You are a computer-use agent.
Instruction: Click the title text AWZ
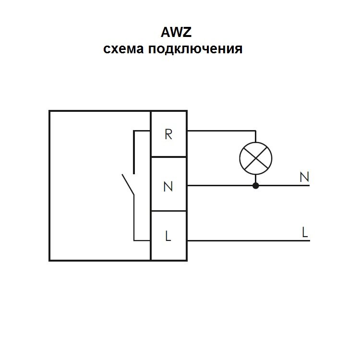176,32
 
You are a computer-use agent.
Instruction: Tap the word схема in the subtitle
123,48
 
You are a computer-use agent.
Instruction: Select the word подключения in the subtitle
195,49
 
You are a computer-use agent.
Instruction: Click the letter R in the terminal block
168,134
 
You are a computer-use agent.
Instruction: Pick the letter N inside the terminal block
168,186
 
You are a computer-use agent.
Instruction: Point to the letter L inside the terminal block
168,236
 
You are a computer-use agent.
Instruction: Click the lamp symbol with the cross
256,158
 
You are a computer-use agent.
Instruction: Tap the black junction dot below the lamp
256,185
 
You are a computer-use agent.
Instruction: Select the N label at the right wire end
304,177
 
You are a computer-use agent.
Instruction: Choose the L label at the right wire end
305,232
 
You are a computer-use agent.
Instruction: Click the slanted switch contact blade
128,185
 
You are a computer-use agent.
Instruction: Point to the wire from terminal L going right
249,240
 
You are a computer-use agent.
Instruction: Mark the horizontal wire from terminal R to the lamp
222,131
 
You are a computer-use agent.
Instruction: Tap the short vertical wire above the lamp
255,136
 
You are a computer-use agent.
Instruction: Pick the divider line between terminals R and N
169,157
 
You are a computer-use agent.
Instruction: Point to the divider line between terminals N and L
169,211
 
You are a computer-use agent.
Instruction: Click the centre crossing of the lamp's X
256,158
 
